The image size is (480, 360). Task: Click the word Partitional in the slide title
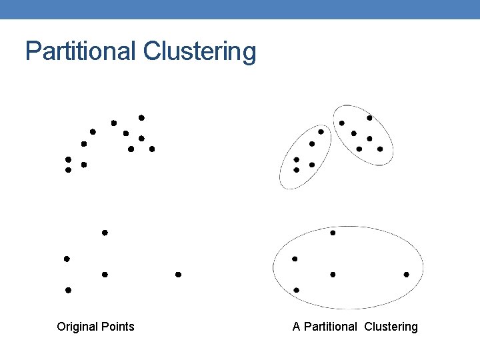tap(80, 51)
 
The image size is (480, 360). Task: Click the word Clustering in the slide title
tap(199, 51)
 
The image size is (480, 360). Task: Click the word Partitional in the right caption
tap(331, 327)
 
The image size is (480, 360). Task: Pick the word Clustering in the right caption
tap(391, 327)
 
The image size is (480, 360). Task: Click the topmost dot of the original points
tap(141, 118)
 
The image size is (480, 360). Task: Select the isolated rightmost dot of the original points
tap(178, 274)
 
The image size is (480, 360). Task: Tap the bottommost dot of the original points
tap(68, 290)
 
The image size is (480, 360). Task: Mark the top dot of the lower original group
tap(105, 233)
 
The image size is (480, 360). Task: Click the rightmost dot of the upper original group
tap(152, 149)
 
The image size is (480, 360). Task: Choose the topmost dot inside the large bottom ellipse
tap(333, 233)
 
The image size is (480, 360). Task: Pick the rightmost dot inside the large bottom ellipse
tap(406, 274)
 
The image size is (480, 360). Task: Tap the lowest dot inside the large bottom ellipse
tap(296, 290)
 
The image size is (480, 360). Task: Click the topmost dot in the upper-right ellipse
tap(369, 118)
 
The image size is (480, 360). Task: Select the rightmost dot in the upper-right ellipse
tap(380, 149)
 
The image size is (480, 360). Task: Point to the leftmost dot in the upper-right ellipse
tap(342, 123)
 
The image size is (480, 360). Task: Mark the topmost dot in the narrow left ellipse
tap(321, 132)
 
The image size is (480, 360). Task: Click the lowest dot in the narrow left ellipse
tap(296, 170)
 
